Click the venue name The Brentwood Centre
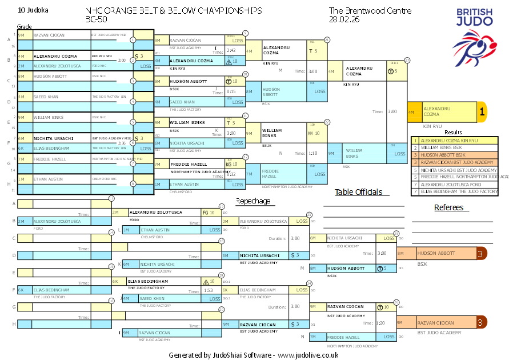[x=362, y=11]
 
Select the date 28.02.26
[x=344, y=19]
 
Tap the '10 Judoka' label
[x=33, y=10]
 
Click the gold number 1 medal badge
[x=482, y=113]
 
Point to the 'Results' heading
[x=453, y=132]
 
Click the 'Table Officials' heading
[x=358, y=192]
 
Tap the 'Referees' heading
[x=449, y=207]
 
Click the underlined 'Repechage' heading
[x=253, y=201]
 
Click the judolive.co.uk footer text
[x=308, y=355]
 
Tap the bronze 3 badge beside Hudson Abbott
[x=482, y=253]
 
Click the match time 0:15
[x=231, y=91]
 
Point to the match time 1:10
[x=312, y=154]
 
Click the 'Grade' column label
[x=24, y=27]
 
